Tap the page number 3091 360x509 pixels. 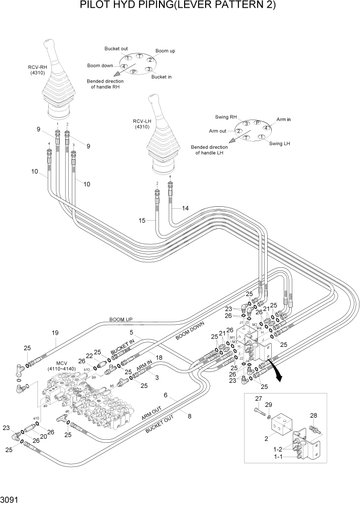tap(12, 498)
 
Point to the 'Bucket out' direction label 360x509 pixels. tap(116, 49)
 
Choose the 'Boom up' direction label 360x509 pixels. tap(165, 51)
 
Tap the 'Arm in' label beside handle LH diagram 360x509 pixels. tap(284, 119)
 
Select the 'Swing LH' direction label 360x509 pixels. tap(279, 144)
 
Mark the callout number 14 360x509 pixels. tap(185, 208)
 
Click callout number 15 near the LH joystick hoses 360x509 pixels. tap(143, 220)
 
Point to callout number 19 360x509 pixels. tap(55, 332)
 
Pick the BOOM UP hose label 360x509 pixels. tap(121, 319)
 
